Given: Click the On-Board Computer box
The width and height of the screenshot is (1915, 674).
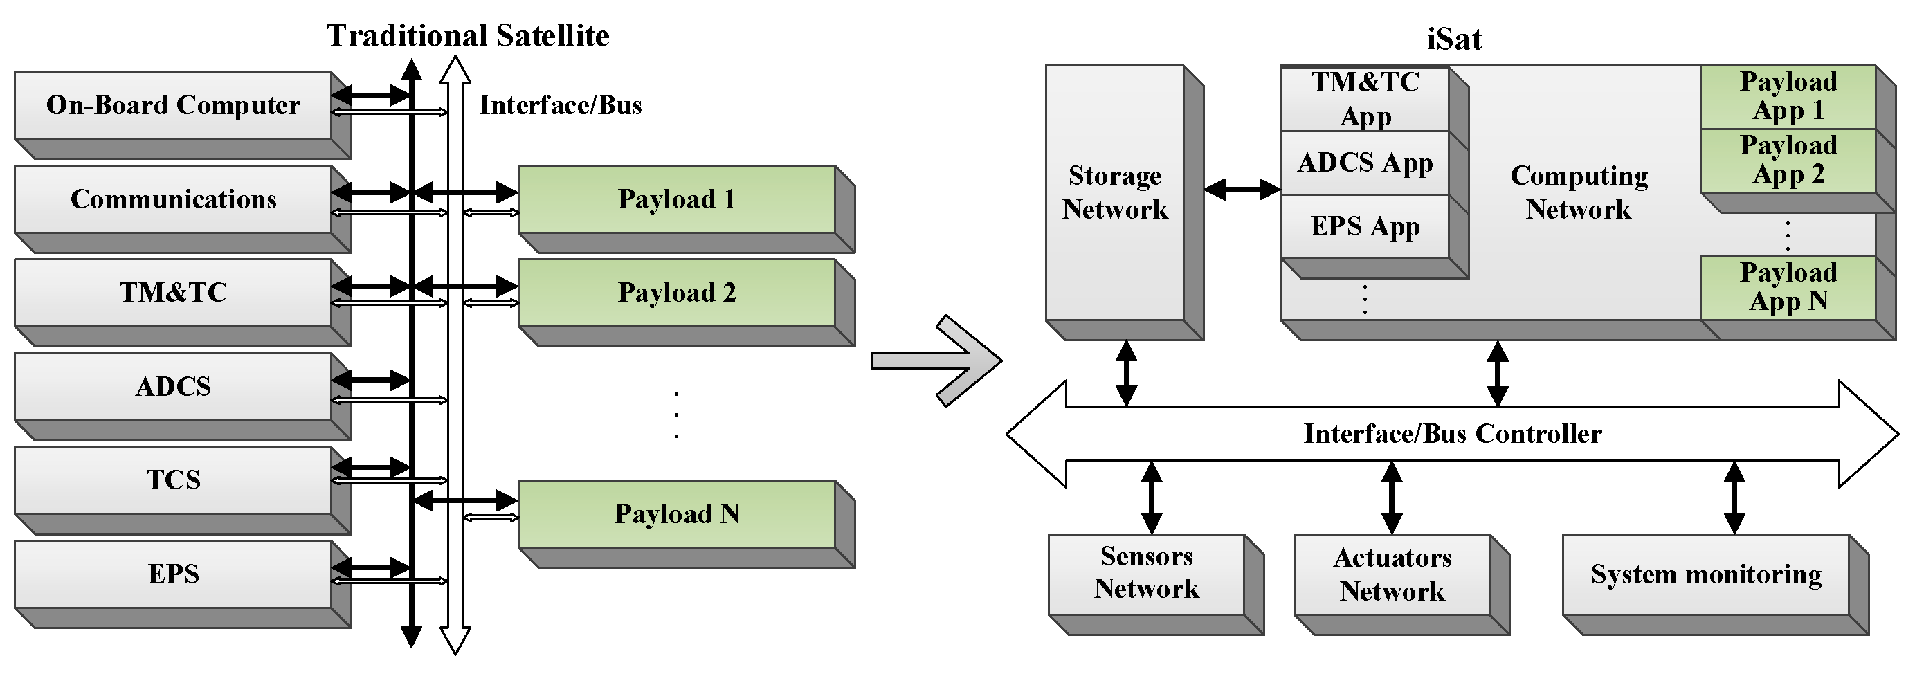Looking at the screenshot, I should (172, 104).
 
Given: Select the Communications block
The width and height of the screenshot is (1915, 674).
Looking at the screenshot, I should (172, 199).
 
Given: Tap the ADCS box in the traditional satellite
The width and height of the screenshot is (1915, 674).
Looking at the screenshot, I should (172, 385).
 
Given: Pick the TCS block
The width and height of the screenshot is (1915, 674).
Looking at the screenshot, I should (172, 480).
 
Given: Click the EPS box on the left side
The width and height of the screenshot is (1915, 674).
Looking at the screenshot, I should (172, 573).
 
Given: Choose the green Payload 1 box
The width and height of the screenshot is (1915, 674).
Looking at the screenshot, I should (676, 199).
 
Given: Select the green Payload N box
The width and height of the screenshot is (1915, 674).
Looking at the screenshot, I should (676, 513).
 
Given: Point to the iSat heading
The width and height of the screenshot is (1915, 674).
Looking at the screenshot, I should (1453, 39).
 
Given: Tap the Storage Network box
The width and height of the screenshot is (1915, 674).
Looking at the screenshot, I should (1114, 192).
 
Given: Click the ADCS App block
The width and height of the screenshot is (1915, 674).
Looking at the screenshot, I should (1365, 163).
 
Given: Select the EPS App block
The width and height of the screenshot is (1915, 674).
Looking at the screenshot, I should (1365, 226).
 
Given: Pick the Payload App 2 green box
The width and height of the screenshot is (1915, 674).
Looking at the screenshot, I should (1788, 160).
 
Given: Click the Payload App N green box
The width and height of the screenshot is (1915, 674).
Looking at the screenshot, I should (1788, 287).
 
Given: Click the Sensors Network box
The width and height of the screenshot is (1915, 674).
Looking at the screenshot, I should (1145, 573).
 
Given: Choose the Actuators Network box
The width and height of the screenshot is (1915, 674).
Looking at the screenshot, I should (1392, 574).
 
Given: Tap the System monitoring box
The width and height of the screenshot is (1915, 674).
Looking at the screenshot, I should (1705, 574).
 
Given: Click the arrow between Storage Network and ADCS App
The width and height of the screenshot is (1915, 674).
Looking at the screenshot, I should (1242, 190).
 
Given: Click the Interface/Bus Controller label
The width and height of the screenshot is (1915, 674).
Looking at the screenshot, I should (1452, 433).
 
